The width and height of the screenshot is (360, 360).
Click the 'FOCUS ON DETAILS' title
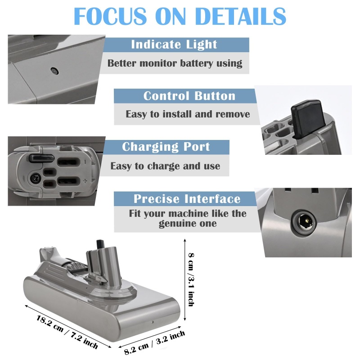[x=180, y=16]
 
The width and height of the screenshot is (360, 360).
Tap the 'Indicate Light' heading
[x=174, y=44]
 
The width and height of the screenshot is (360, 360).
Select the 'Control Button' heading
[x=189, y=96]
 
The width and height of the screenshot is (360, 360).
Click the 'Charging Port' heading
[x=166, y=147]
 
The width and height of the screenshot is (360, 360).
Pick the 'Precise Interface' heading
[x=187, y=198]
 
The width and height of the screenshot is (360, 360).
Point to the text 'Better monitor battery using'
[x=175, y=63]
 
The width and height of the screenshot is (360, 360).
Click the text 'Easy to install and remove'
[x=188, y=114]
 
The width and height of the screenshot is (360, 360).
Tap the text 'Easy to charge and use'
[x=165, y=166]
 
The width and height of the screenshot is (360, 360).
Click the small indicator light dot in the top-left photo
[x=54, y=71]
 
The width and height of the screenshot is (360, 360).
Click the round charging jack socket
[x=304, y=222]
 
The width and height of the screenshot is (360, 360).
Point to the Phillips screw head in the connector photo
[x=35, y=178]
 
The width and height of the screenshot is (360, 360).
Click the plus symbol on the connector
[x=85, y=181]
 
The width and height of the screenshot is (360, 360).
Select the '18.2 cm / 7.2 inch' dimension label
[x=67, y=332]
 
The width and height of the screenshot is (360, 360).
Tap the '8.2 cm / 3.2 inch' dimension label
[x=154, y=342]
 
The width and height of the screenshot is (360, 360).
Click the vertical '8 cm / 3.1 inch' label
[x=191, y=279]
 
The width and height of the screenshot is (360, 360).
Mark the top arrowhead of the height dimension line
[x=185, y=240]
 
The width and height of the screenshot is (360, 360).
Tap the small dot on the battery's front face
[x=153, y=322]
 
